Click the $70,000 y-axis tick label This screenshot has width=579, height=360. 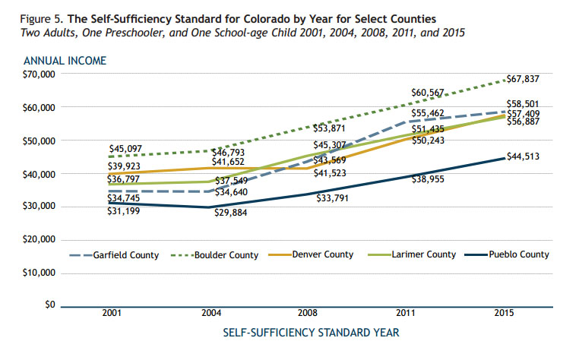click(x=39, y=74)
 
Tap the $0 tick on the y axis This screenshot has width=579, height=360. click(x=50, y=305)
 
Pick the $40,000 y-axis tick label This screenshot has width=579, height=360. click(x=39, y=174)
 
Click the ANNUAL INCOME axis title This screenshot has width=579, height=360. click(x=65, y=61)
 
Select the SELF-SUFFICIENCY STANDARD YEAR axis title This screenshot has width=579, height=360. click(x=311, y=333)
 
